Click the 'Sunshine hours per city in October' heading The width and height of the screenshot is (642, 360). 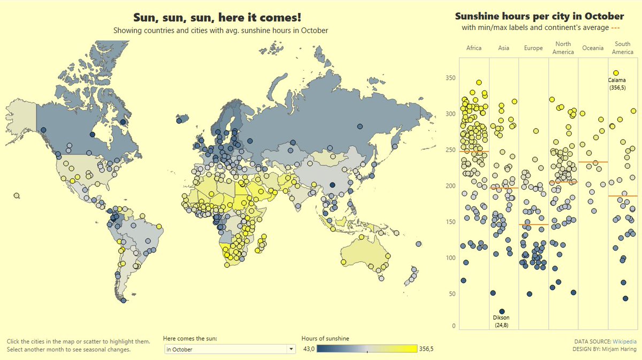pyautogui.click(x=539, y=16)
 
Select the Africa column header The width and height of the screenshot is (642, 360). pyautogui.click(x=473, y=48)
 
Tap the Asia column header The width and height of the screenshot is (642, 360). pyautogui.click(x=503, y=48)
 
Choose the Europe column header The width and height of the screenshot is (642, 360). pyautogui.click(x=533, y=48)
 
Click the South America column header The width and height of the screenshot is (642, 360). pyautogui.click(x=622, y=48)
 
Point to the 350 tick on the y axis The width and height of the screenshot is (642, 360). pyautogui.click(x=450, y=78)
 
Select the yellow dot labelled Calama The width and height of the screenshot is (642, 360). pyautogui.click(x=616, y=73)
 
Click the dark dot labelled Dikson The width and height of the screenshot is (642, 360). pyautogui.click(x=502, y=311)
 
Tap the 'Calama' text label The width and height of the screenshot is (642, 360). pyautogui.click(x=617, y=81)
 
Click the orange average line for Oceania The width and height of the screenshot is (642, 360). pyautogui.click(x=593, y=162)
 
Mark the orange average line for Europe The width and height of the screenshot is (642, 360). pyautogui.click(x=533, y=225)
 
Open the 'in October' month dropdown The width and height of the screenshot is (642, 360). pyautogui.click(x=230, y=349)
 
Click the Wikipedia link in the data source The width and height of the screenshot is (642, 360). pyautogui.click(x=624, y=341)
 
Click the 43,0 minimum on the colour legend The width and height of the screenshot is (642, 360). pyautogui.click(x=308, y=349)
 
